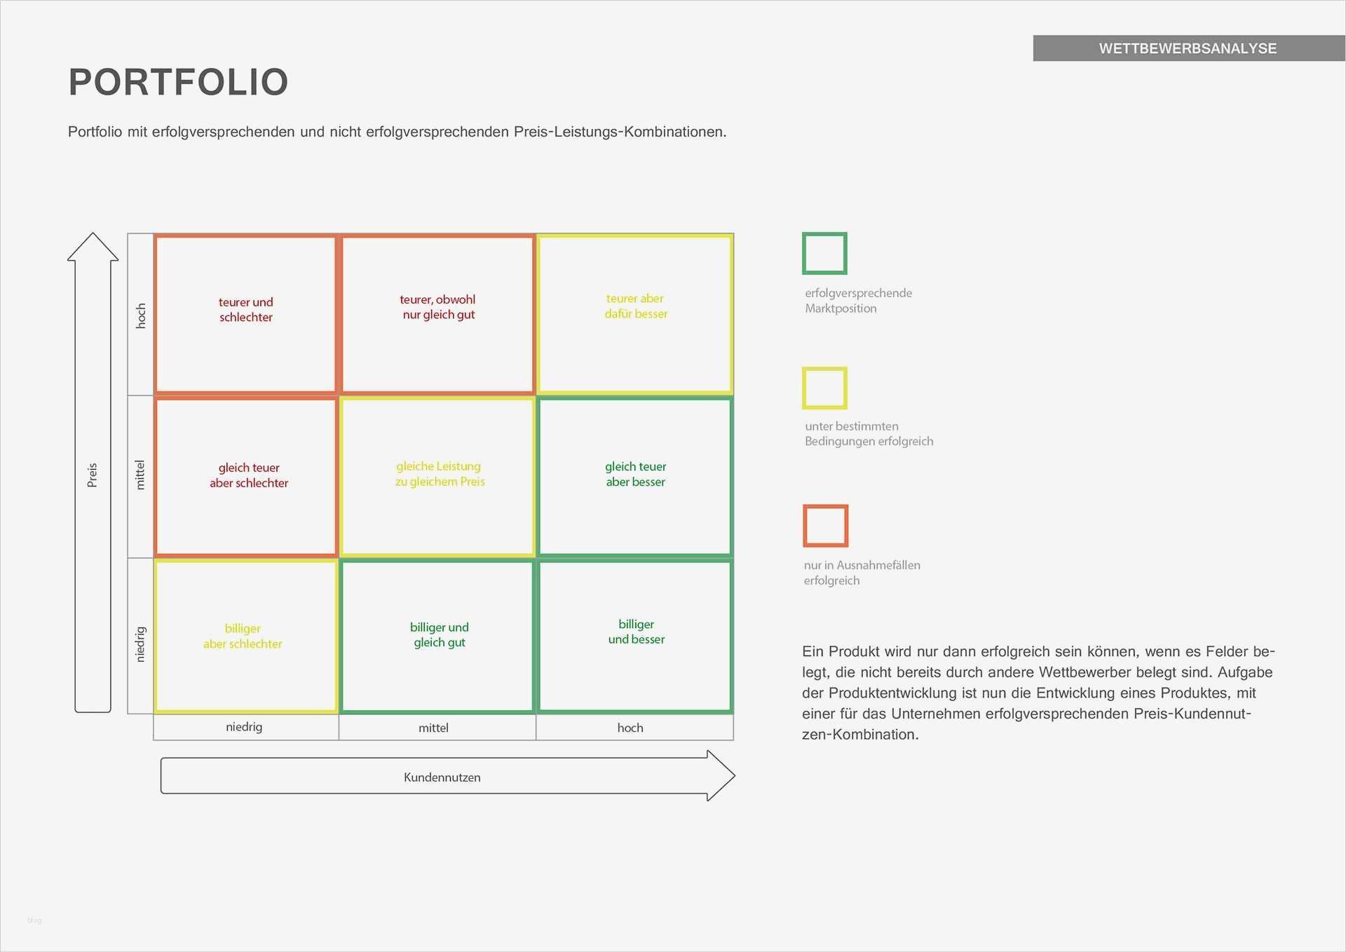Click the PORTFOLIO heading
pyautogui.click(x=178, y=82)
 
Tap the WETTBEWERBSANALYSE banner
pyautogui.click(x=1189, y=48)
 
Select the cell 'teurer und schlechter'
pyautogui.click(x=245, y=314)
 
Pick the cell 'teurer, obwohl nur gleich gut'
pyautogui.click(x=437, y=314)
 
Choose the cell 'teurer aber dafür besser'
pyautogui.click(x=635, y=314)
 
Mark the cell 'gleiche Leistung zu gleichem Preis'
pyautogui.click(x=437, y=477)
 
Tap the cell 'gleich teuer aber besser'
pyautogui.click(x=635, y=477)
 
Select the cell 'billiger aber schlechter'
pyautogui.click(x=245, y=636)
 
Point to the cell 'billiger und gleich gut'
pyautogui.click(x=437, y=636)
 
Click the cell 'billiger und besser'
pyautogui.click(x=635, y=636)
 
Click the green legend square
pyautogui.click(x=804, y=253)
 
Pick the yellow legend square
pyautogui.click(x=804, y=388)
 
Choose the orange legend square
pyautogui.click(x=805, y=526)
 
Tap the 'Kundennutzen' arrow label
pyautogui.click(x=442, y=777)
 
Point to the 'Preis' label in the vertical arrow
pyautogui.click(x=92, y=475)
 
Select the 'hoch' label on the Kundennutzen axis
pyautogui.click(x=630, y=728)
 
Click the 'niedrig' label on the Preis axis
pyautogui.click(x=140, y=644)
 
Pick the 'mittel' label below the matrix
pyautogui.click(x=433, y=728)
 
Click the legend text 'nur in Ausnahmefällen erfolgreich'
pyautogui.click(x=862, y=573)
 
